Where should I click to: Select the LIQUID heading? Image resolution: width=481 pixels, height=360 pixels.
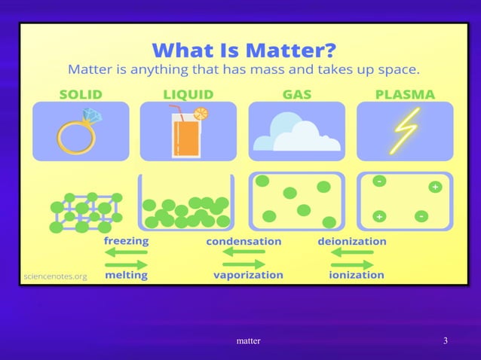tap(188, 95)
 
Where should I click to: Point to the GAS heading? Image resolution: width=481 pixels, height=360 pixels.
tap(296, 95)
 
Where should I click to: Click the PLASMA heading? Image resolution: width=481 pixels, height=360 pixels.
tap(405, 95)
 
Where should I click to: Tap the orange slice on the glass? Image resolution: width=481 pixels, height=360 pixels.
tap(201, 114)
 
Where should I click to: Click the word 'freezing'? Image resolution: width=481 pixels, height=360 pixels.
tap(126, 242)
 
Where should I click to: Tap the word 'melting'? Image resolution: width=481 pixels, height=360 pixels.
tap(126, 276)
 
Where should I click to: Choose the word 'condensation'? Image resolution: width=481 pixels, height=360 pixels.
tap(244, 242)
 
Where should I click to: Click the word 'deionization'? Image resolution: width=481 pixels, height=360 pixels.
tap(352, 242)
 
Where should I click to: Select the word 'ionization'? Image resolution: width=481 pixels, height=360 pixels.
tap(356, 276)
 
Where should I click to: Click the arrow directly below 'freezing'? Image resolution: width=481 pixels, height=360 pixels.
tap(126, 253)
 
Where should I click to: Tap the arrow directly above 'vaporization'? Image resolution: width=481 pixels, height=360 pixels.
tap(244, 264)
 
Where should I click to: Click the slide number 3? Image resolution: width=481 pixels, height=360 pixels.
tap(446, 341)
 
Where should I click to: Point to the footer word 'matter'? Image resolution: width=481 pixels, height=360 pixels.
tap(248, 342)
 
